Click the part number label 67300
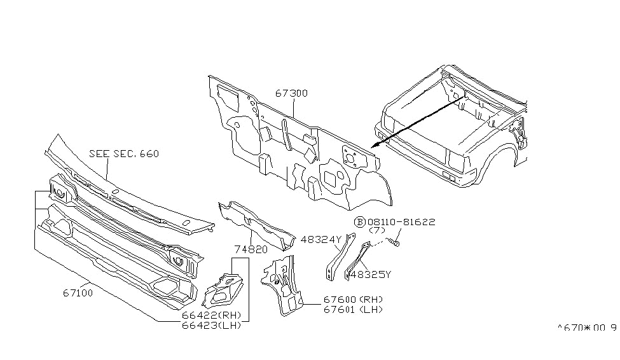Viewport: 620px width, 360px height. (x=291, y=93)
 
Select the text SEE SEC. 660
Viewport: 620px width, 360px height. (x=124, y=154)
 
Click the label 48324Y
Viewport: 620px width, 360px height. (x=322, y=239)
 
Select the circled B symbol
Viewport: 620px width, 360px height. (x=359, y=221)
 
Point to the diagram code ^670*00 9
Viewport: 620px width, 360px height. (x=587, y=328)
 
